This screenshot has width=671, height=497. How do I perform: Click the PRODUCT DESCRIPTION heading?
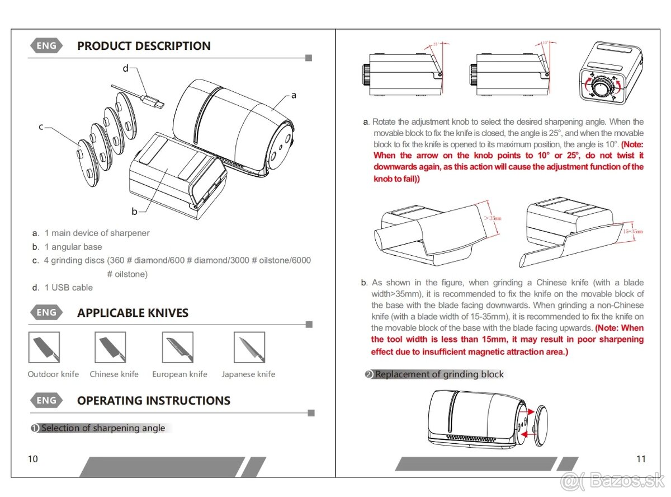click(144, 46)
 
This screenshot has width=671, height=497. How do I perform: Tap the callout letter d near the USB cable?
click(125, 68)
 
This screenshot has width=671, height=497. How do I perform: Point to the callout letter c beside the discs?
click(41, 127)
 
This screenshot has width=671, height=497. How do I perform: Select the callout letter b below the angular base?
click(134, 211)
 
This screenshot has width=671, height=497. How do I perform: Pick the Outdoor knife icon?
click(44, 348)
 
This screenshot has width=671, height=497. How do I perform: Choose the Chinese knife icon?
click(110, 348)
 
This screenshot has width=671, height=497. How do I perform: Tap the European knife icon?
click(178, 348)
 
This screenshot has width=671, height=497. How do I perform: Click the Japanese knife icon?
click(249, 348)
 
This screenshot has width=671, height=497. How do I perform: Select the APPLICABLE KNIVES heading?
click(133, 313)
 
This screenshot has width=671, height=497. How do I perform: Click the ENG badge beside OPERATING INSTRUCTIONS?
click(46, 401)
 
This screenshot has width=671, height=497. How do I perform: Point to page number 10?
click(33, 459)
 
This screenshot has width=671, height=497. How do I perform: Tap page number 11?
click(641, 459)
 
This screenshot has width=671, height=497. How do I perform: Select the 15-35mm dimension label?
click(632, 231)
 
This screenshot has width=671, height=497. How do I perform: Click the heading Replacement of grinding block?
click(439, 374)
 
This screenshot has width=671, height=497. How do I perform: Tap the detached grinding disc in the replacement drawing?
click(538, 425)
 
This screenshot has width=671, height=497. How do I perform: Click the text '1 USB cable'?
click(68, 288)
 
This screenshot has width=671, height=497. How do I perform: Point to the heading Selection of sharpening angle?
click(103, 428)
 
